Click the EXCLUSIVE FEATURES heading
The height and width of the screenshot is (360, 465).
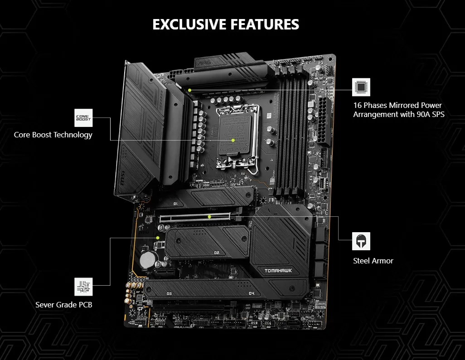(226, 24)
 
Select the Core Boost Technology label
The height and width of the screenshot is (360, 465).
(53, 135)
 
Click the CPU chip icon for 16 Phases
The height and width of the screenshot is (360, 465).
(361, 87)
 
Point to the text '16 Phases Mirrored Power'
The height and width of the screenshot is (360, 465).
(397, 105)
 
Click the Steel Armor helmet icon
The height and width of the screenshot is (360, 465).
(361, 241)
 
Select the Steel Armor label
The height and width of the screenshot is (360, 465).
(373, 261)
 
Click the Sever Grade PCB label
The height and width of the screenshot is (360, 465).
(64, 305)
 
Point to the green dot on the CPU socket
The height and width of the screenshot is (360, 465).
(232, 140)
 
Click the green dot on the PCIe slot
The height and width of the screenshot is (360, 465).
(209, 217)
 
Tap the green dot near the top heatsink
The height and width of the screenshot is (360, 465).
(190, 90)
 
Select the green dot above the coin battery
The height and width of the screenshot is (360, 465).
(158, 237)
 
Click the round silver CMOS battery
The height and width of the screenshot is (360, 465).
(147, 259)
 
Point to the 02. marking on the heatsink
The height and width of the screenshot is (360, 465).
(216, 253)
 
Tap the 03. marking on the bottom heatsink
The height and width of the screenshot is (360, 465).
(170, 294)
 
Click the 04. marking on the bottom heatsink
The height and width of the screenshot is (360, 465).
(252, 294)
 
